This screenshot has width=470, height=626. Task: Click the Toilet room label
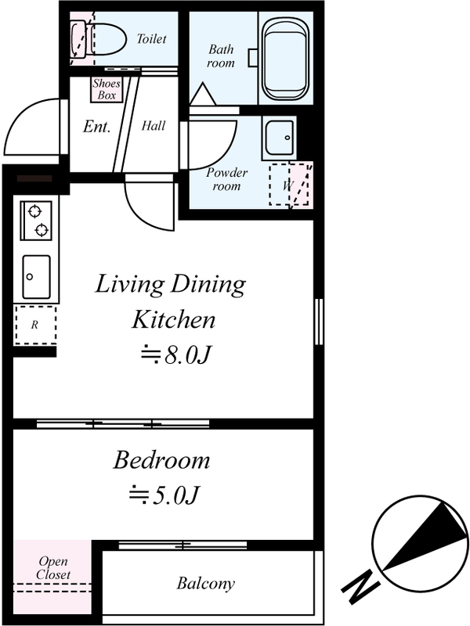click(x=151, y=38)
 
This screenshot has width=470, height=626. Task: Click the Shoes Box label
click(x=107, y=89)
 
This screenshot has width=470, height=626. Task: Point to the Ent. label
click(x=96, y=127)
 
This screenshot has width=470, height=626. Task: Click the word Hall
click(x=153, y=126)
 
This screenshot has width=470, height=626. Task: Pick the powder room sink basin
click(x=280, y=138)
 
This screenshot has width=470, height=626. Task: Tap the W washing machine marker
click(x=287, y=185)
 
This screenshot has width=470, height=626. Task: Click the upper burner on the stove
click(x=35, y=211)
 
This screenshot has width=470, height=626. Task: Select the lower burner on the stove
click(x=42, y=229)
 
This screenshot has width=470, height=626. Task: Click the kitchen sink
click(x=36, y=277)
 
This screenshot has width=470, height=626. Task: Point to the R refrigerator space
click(x=35, y=325)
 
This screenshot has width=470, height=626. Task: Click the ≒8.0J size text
click(x=175, y=355)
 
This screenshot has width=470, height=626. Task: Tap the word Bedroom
click(x=161, y=460)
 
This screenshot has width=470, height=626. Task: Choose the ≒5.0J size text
click(x=164, y=495)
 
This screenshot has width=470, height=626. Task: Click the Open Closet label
click(x=53, y=568)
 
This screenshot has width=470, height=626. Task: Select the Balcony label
click(x=206, y=584)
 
